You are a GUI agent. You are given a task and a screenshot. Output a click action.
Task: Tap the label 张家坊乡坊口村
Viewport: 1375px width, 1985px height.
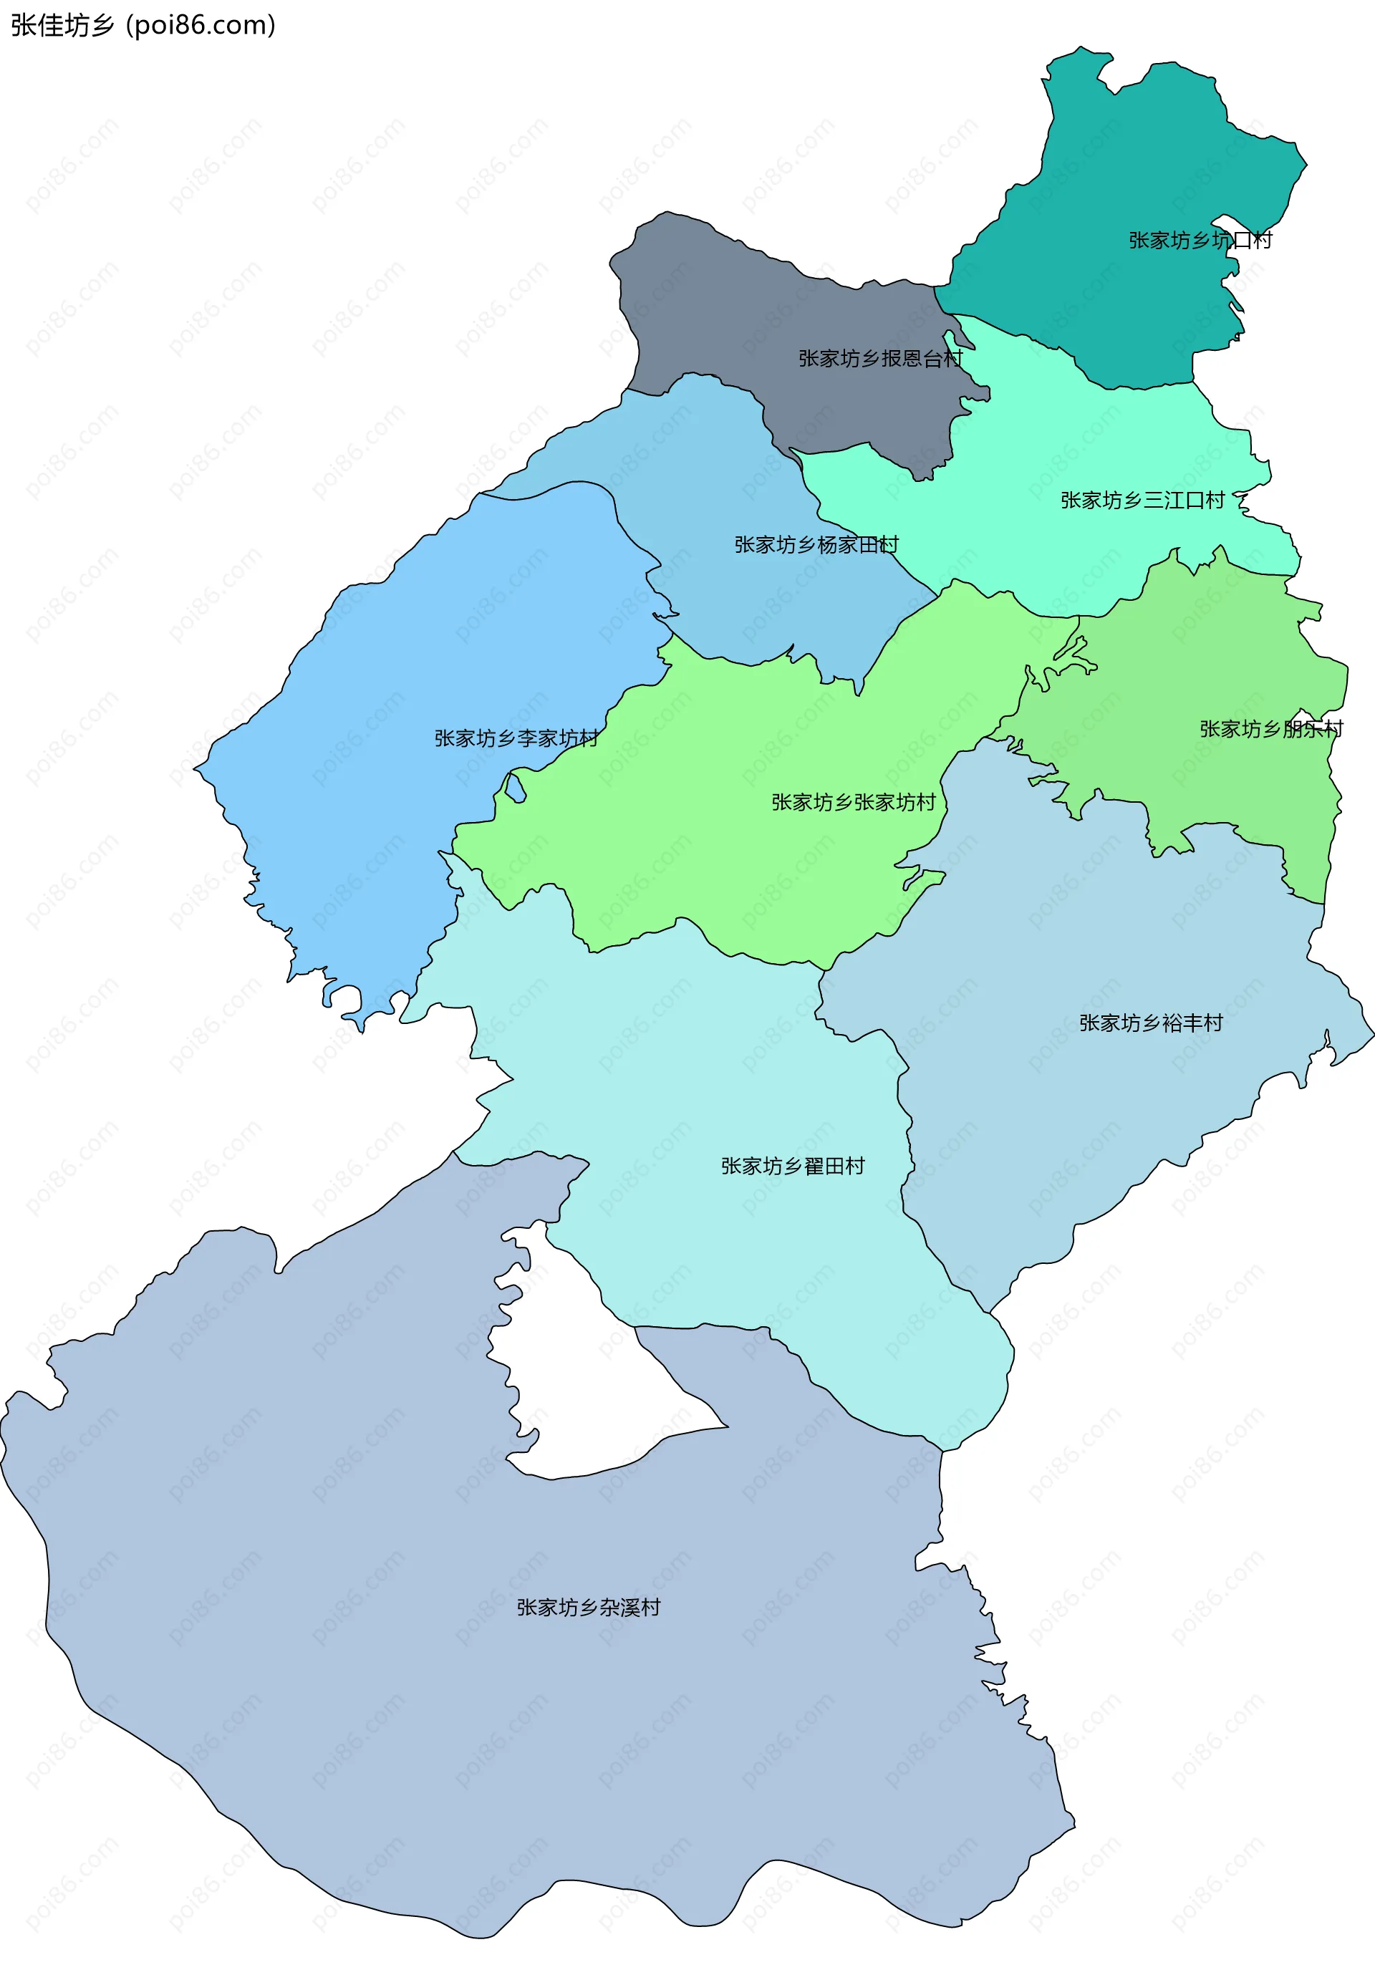pos(1200,241)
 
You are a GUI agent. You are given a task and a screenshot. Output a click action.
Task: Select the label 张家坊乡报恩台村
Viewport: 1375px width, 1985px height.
pos(879,358)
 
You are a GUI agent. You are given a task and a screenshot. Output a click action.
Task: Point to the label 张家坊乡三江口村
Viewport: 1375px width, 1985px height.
pos(1142,501)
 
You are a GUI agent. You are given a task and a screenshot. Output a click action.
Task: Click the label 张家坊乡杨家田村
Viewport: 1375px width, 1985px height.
pos(816,544)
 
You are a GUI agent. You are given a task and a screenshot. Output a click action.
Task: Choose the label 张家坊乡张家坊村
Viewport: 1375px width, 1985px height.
pos(853,802)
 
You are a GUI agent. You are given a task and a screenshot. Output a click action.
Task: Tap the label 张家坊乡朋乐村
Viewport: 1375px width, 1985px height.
pos(1270,729)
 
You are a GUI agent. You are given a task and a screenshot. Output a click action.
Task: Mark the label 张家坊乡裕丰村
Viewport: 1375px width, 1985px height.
pos(1151,1023)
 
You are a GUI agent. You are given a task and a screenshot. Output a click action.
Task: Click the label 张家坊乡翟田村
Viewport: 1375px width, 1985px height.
pos(793,1166)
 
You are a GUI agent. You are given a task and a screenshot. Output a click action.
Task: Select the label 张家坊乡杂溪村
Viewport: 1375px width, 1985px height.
pos(589,1608)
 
